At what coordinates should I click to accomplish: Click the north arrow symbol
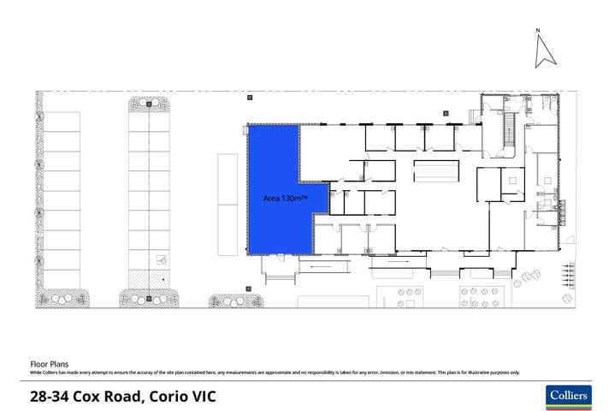pyautogui.click(x=545, y=53)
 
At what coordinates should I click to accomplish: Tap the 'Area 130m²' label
pyautogui.click(x=284, y=198)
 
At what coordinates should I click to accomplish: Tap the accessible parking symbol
pyautogui.click(x=161, y=260)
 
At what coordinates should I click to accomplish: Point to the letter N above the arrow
pyautogui.click(x=538, y=31)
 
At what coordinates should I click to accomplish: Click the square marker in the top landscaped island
pyautogui.click(x=149, y=104)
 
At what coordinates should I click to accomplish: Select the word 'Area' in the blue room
pyautogui.click(x=271, y=198)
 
